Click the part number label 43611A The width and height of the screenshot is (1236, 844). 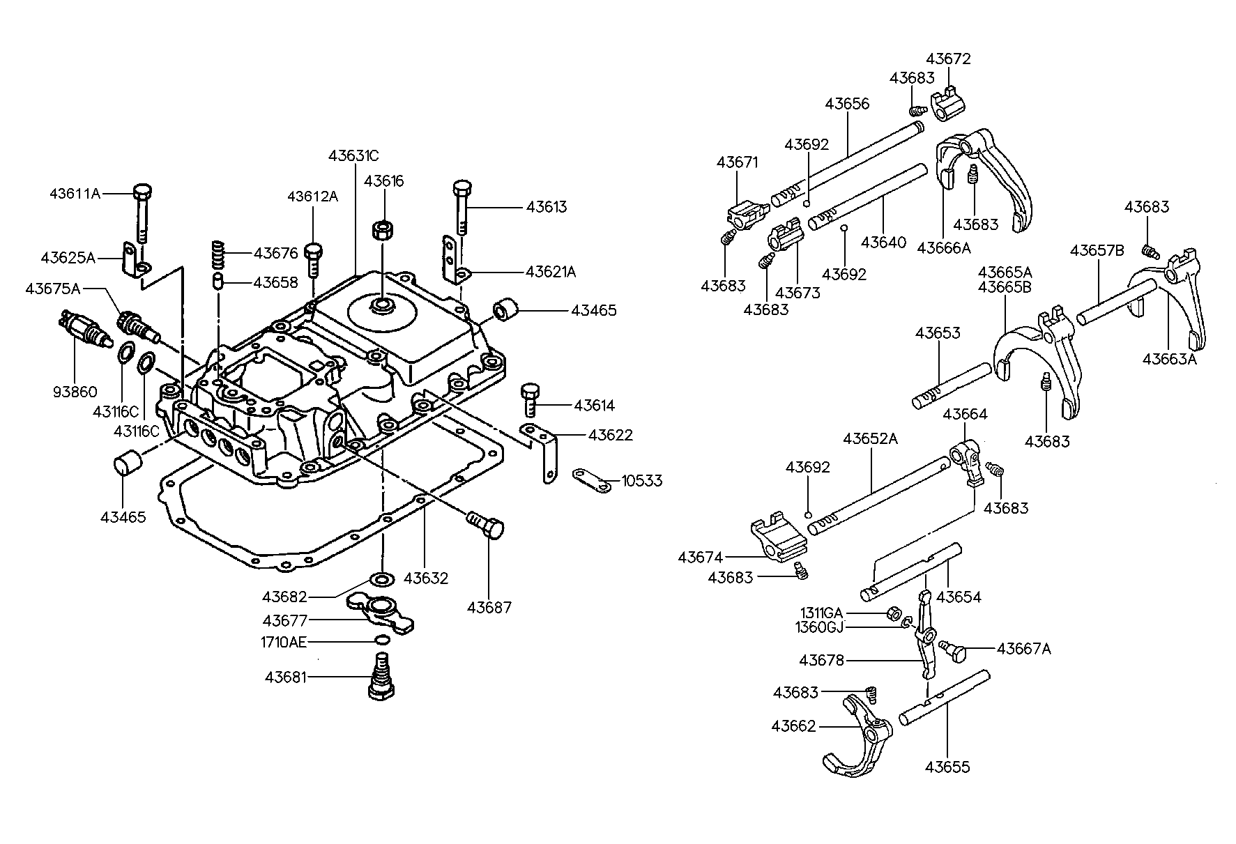pyautogui.click(x=75, y=193)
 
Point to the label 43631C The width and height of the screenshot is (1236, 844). pyautogui.click(x=353, y=155)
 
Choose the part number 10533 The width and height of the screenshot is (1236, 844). pyautogui.click(x=641, y=481)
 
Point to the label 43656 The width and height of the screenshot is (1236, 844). pyautogui.click(x=847, y=104)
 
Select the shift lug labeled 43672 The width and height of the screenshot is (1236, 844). pyautogui.click(x=948, y=101)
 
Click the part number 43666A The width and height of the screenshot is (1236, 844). pyautogui.click(x=943, y=247)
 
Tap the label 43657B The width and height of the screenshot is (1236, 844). pyautogui.click(x=1097, y=250)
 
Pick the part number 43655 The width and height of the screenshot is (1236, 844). pyautogui.click(x=947, y=767)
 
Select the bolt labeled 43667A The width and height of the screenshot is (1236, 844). pyautogui.click(x=954, y=650)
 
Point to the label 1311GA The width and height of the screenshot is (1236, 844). pyautogui.click(x=821, y=613)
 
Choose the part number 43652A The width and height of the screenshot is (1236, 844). pyautogui.click(x=870, y=439)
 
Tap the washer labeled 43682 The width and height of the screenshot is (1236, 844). pyautogui.click(x=382, y=578)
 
